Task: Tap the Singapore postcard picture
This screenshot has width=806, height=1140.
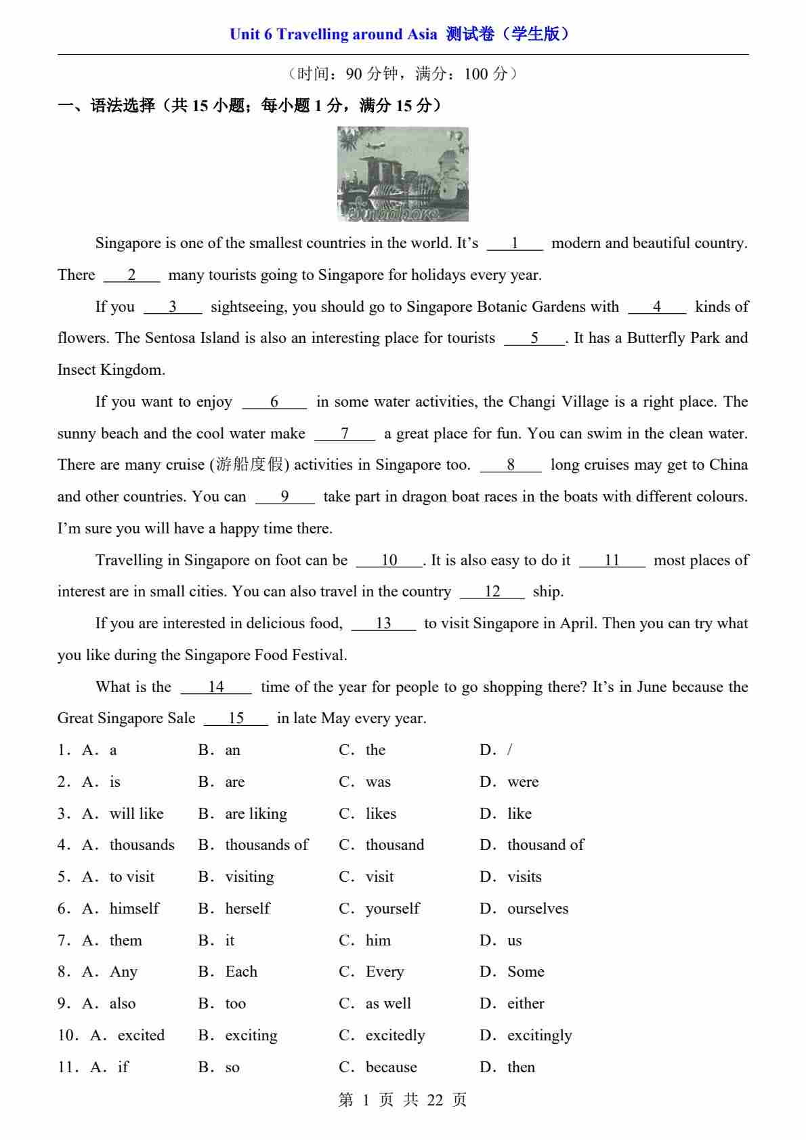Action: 403,174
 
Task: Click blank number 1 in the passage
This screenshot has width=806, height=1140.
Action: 515,243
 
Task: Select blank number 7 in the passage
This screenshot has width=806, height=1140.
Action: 345,434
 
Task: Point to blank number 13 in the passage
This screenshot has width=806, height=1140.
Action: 383,624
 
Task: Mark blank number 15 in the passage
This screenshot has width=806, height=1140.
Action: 236,718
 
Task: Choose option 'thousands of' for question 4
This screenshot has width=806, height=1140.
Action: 266,845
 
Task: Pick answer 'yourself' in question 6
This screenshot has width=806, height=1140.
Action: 392,909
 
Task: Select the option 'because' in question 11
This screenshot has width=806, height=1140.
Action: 391,1067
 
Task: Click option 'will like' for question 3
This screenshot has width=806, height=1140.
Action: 136,814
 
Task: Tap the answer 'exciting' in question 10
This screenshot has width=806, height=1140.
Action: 251,1036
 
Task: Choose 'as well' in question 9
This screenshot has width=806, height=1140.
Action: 388,1004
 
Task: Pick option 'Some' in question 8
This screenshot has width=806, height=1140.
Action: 526,972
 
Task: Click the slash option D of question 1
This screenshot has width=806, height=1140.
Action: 509,750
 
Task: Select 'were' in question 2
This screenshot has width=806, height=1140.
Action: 523,782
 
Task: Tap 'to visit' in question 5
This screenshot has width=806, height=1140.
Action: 131,877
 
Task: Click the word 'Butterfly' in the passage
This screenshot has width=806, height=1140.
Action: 656,338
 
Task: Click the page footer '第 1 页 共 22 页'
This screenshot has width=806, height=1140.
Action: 402,1100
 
